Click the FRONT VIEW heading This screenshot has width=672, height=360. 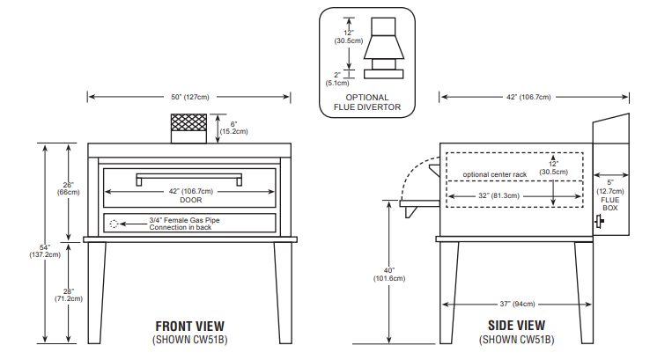pos(189,326)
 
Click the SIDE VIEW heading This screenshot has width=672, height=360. pos(517,326)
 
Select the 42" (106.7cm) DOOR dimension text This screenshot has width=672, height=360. pos(190,195)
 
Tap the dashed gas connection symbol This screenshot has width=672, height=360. pos(114,224)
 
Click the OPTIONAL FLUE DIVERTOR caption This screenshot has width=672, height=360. pos(366,102)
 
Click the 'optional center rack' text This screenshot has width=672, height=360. pos(494,174)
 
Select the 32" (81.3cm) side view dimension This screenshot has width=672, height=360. pos(498,195)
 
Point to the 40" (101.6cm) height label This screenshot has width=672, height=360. pos(388,274)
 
